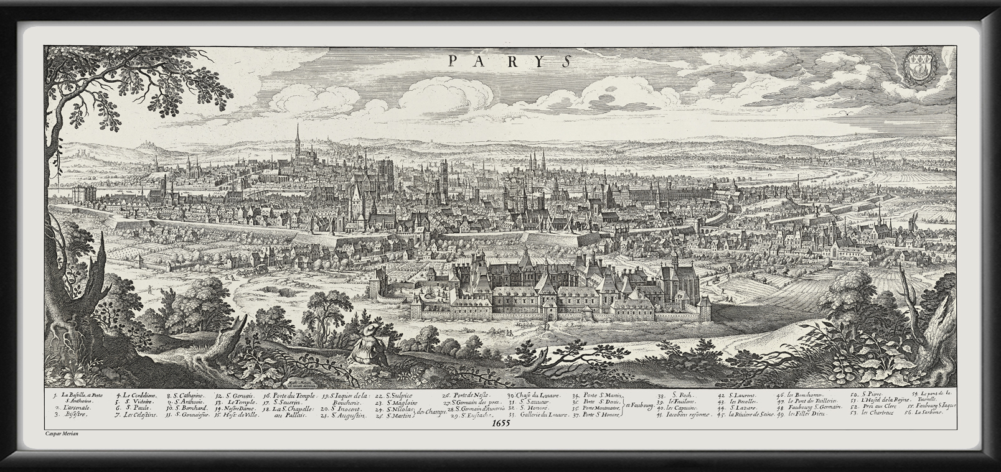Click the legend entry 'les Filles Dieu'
[x=804, y=414]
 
